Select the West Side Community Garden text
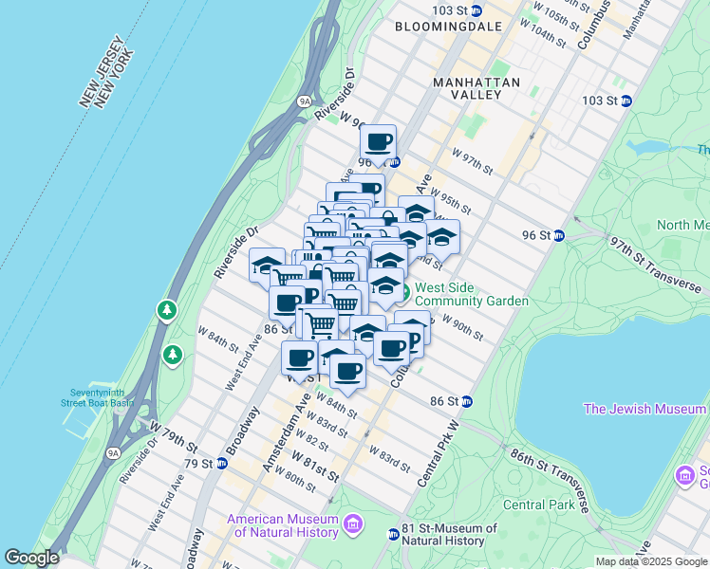pyautogui.click(x=471, y=294)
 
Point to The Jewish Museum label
pyautogui.click(x=645, y=409)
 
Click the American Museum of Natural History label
pyautogui.click(x=282, y=525)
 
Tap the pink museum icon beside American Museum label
pyautogui.click(x=353, y=523)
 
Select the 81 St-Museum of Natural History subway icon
pyautogui.click(x=394, y=535)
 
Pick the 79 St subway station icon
pyautogui.click(x=221, y=464)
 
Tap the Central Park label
pyautogui.click(x=538, y=504)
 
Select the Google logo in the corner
pyautogui.click(x=31, y=558)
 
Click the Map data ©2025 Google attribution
pyautogui.click(x=651, y=561)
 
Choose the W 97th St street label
pyautogui.click(x=473, y=161)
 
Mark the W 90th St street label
pyautogui.click(x=462, y=330)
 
